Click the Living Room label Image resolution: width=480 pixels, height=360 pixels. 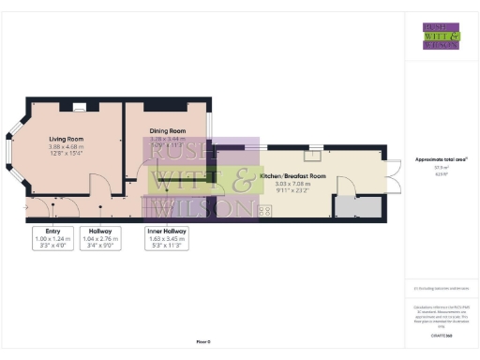point(67,139)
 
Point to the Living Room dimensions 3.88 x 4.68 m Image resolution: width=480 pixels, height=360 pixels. point(67,147)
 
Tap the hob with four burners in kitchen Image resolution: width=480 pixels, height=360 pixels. point(264,212)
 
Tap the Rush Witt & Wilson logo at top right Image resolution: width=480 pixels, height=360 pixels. point(441,35)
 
